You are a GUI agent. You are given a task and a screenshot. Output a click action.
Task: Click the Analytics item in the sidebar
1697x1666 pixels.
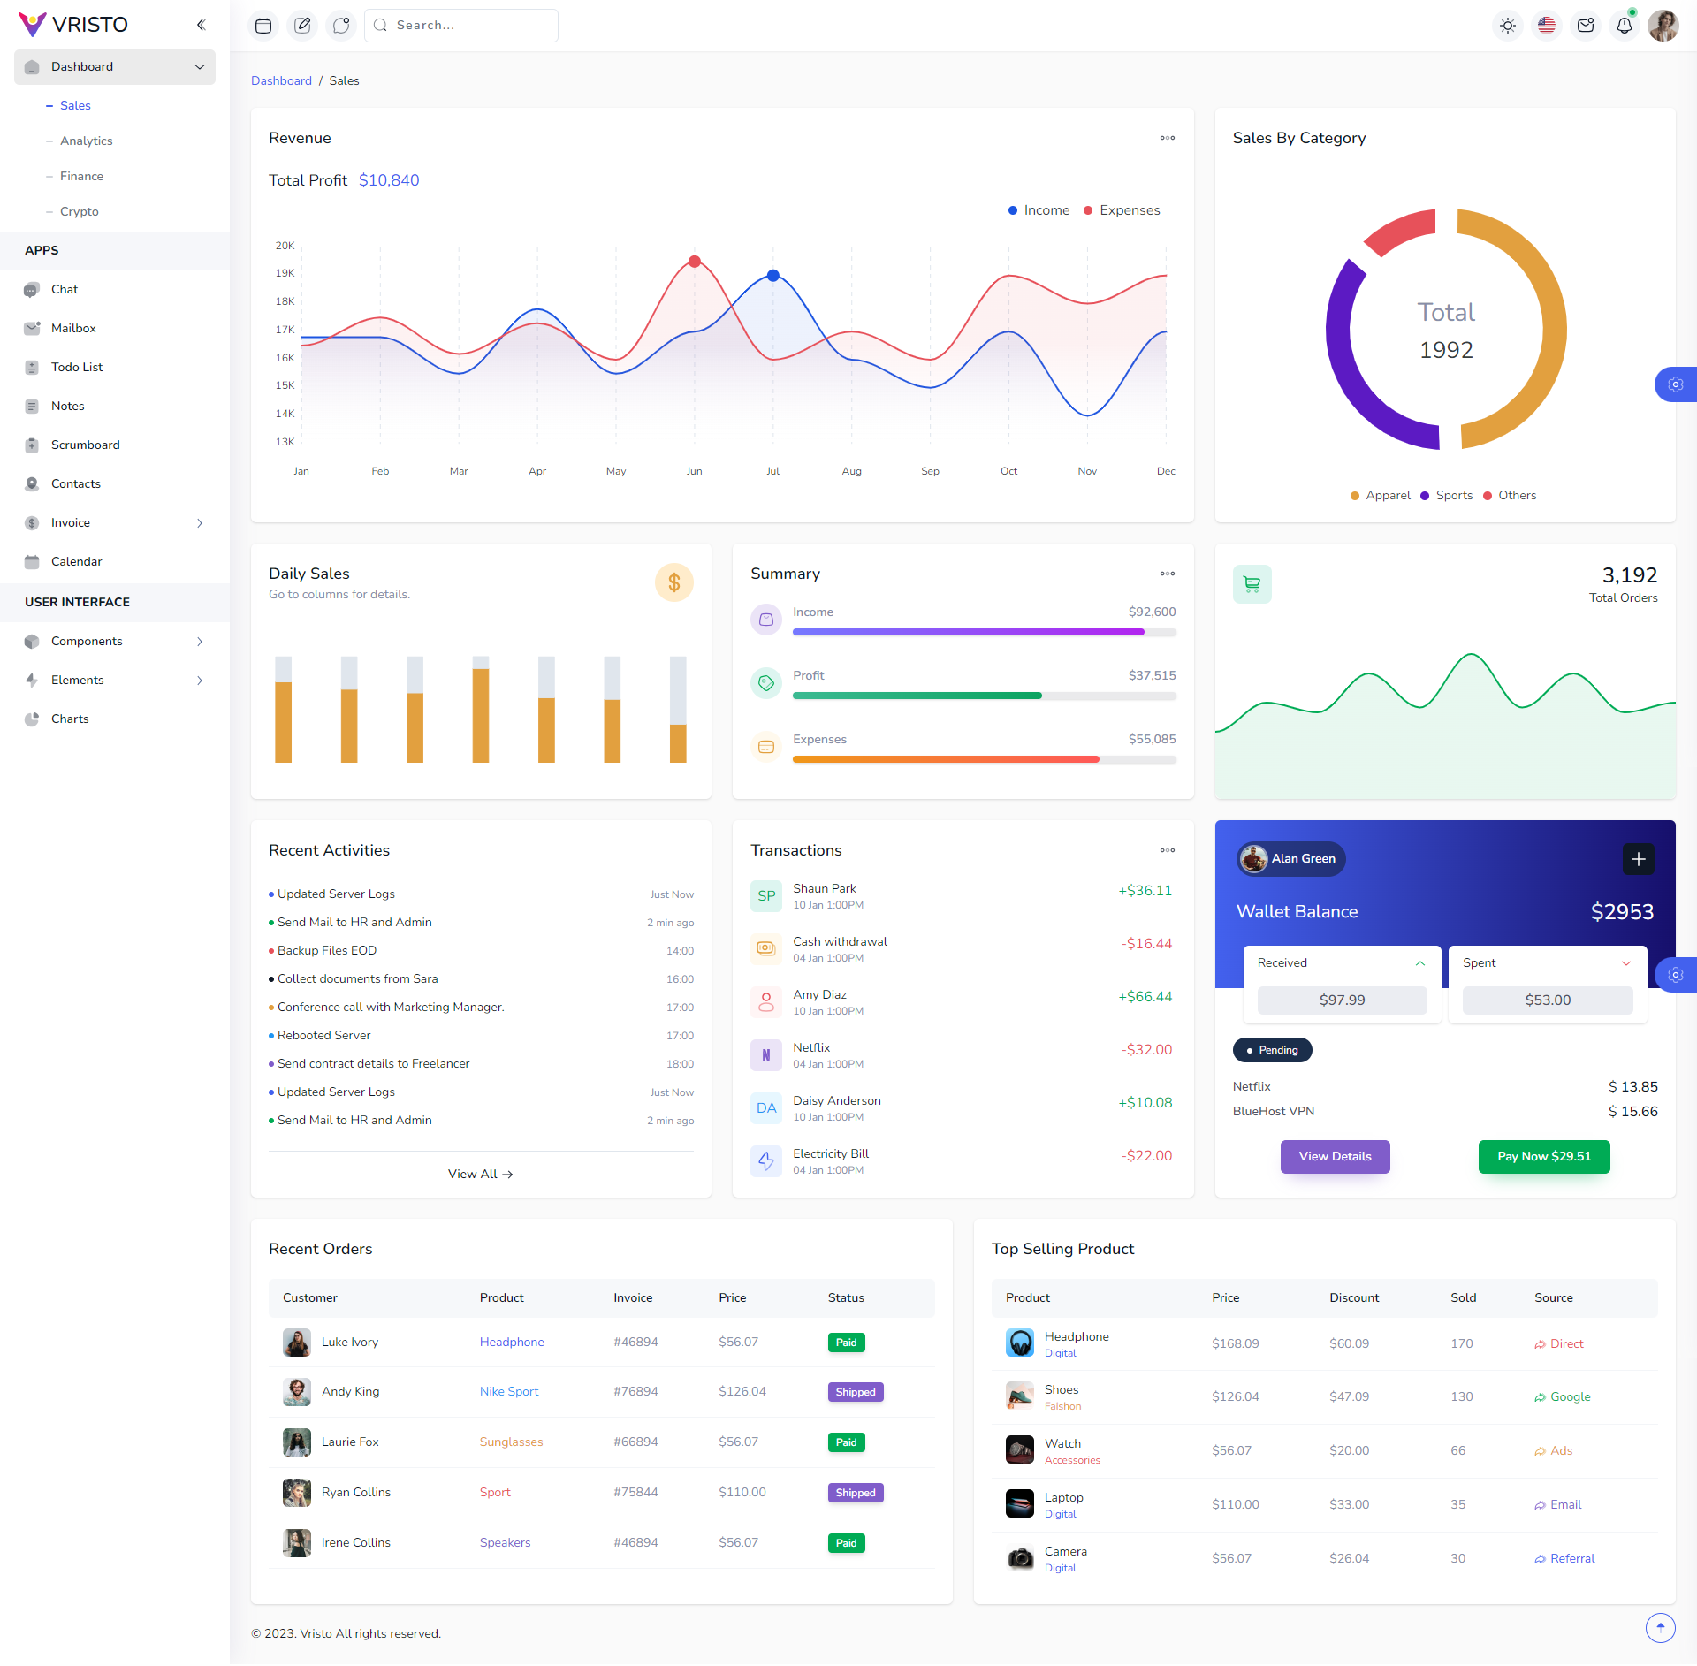(x=86, y=141)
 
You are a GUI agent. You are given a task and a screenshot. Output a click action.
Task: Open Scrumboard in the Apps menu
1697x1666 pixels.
(x=85, y=445)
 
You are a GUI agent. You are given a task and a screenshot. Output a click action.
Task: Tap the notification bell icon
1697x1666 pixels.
(x=1624, y=26)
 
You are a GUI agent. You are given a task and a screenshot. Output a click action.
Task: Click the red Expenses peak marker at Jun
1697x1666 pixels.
(x=695, y=262)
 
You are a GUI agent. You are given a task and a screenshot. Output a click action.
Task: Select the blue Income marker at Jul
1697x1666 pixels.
(x=773, y=276)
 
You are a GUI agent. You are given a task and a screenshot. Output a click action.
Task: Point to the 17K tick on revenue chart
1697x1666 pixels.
(x=285, y=330)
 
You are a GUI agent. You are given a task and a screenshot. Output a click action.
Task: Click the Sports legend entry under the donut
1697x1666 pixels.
(x=1453, y=496)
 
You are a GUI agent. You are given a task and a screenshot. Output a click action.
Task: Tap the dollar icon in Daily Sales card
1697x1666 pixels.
(x=673, y=582)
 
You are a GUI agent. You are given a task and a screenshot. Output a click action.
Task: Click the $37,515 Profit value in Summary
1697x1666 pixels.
(x=1151, y=675)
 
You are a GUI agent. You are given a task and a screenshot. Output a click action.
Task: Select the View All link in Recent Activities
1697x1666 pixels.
(x=480, y=1174)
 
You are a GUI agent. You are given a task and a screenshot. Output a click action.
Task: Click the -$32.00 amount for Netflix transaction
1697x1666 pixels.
(x=1146, y=1050)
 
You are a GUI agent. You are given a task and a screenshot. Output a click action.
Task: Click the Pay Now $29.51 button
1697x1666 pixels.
(x=1543, y=1156)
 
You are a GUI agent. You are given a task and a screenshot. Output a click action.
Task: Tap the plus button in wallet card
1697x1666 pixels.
(x=1638, y=859)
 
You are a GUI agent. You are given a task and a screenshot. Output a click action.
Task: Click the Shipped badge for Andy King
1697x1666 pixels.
(x=855, y=1392)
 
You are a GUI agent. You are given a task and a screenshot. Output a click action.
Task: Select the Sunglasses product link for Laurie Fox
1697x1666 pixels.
(x=511, y=1442)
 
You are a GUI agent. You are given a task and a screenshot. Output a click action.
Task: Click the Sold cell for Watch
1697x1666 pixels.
(x=1457, y=1450)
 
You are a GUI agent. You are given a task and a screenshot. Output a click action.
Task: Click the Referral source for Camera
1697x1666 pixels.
(x=1571, y=1558)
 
